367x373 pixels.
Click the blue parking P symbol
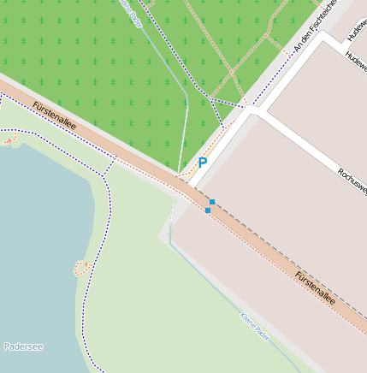tap(203, 162)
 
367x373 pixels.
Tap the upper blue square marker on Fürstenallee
tap(212, 202)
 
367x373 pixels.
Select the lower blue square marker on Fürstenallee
tap(208, 210)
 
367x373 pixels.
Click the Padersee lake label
tap(23, 346)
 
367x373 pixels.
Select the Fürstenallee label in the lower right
tap(315, 288)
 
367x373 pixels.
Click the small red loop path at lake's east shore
tap(81, 268)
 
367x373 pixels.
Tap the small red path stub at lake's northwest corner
tap(9, 139)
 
